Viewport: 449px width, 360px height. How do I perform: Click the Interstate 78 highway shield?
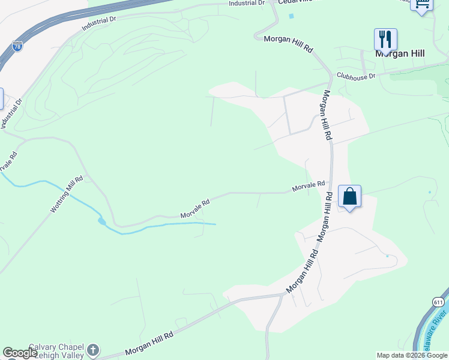[x=17, y=46]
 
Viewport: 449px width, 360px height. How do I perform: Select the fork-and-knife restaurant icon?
[x=385, y=40]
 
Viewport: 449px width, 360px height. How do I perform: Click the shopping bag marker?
[x=349, y=197]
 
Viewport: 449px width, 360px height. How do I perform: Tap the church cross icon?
[x=92, y=350]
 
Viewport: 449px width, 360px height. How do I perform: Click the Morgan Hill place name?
[x=400, y=53]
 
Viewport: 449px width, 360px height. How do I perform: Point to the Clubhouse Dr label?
[x=356, y=76]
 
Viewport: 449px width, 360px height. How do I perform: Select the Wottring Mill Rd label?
[x=66, y=195]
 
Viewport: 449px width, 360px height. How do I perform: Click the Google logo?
[x=20, y=353]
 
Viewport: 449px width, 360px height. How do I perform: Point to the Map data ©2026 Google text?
[x=412, y=355]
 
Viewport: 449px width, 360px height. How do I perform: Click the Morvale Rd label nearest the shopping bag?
[x=308, y=187]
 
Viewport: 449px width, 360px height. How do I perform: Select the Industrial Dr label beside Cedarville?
[x=246, y=3]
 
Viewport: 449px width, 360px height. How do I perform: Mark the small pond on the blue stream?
[x=102, y=221]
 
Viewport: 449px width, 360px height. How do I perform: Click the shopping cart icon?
[x=422, y=5]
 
